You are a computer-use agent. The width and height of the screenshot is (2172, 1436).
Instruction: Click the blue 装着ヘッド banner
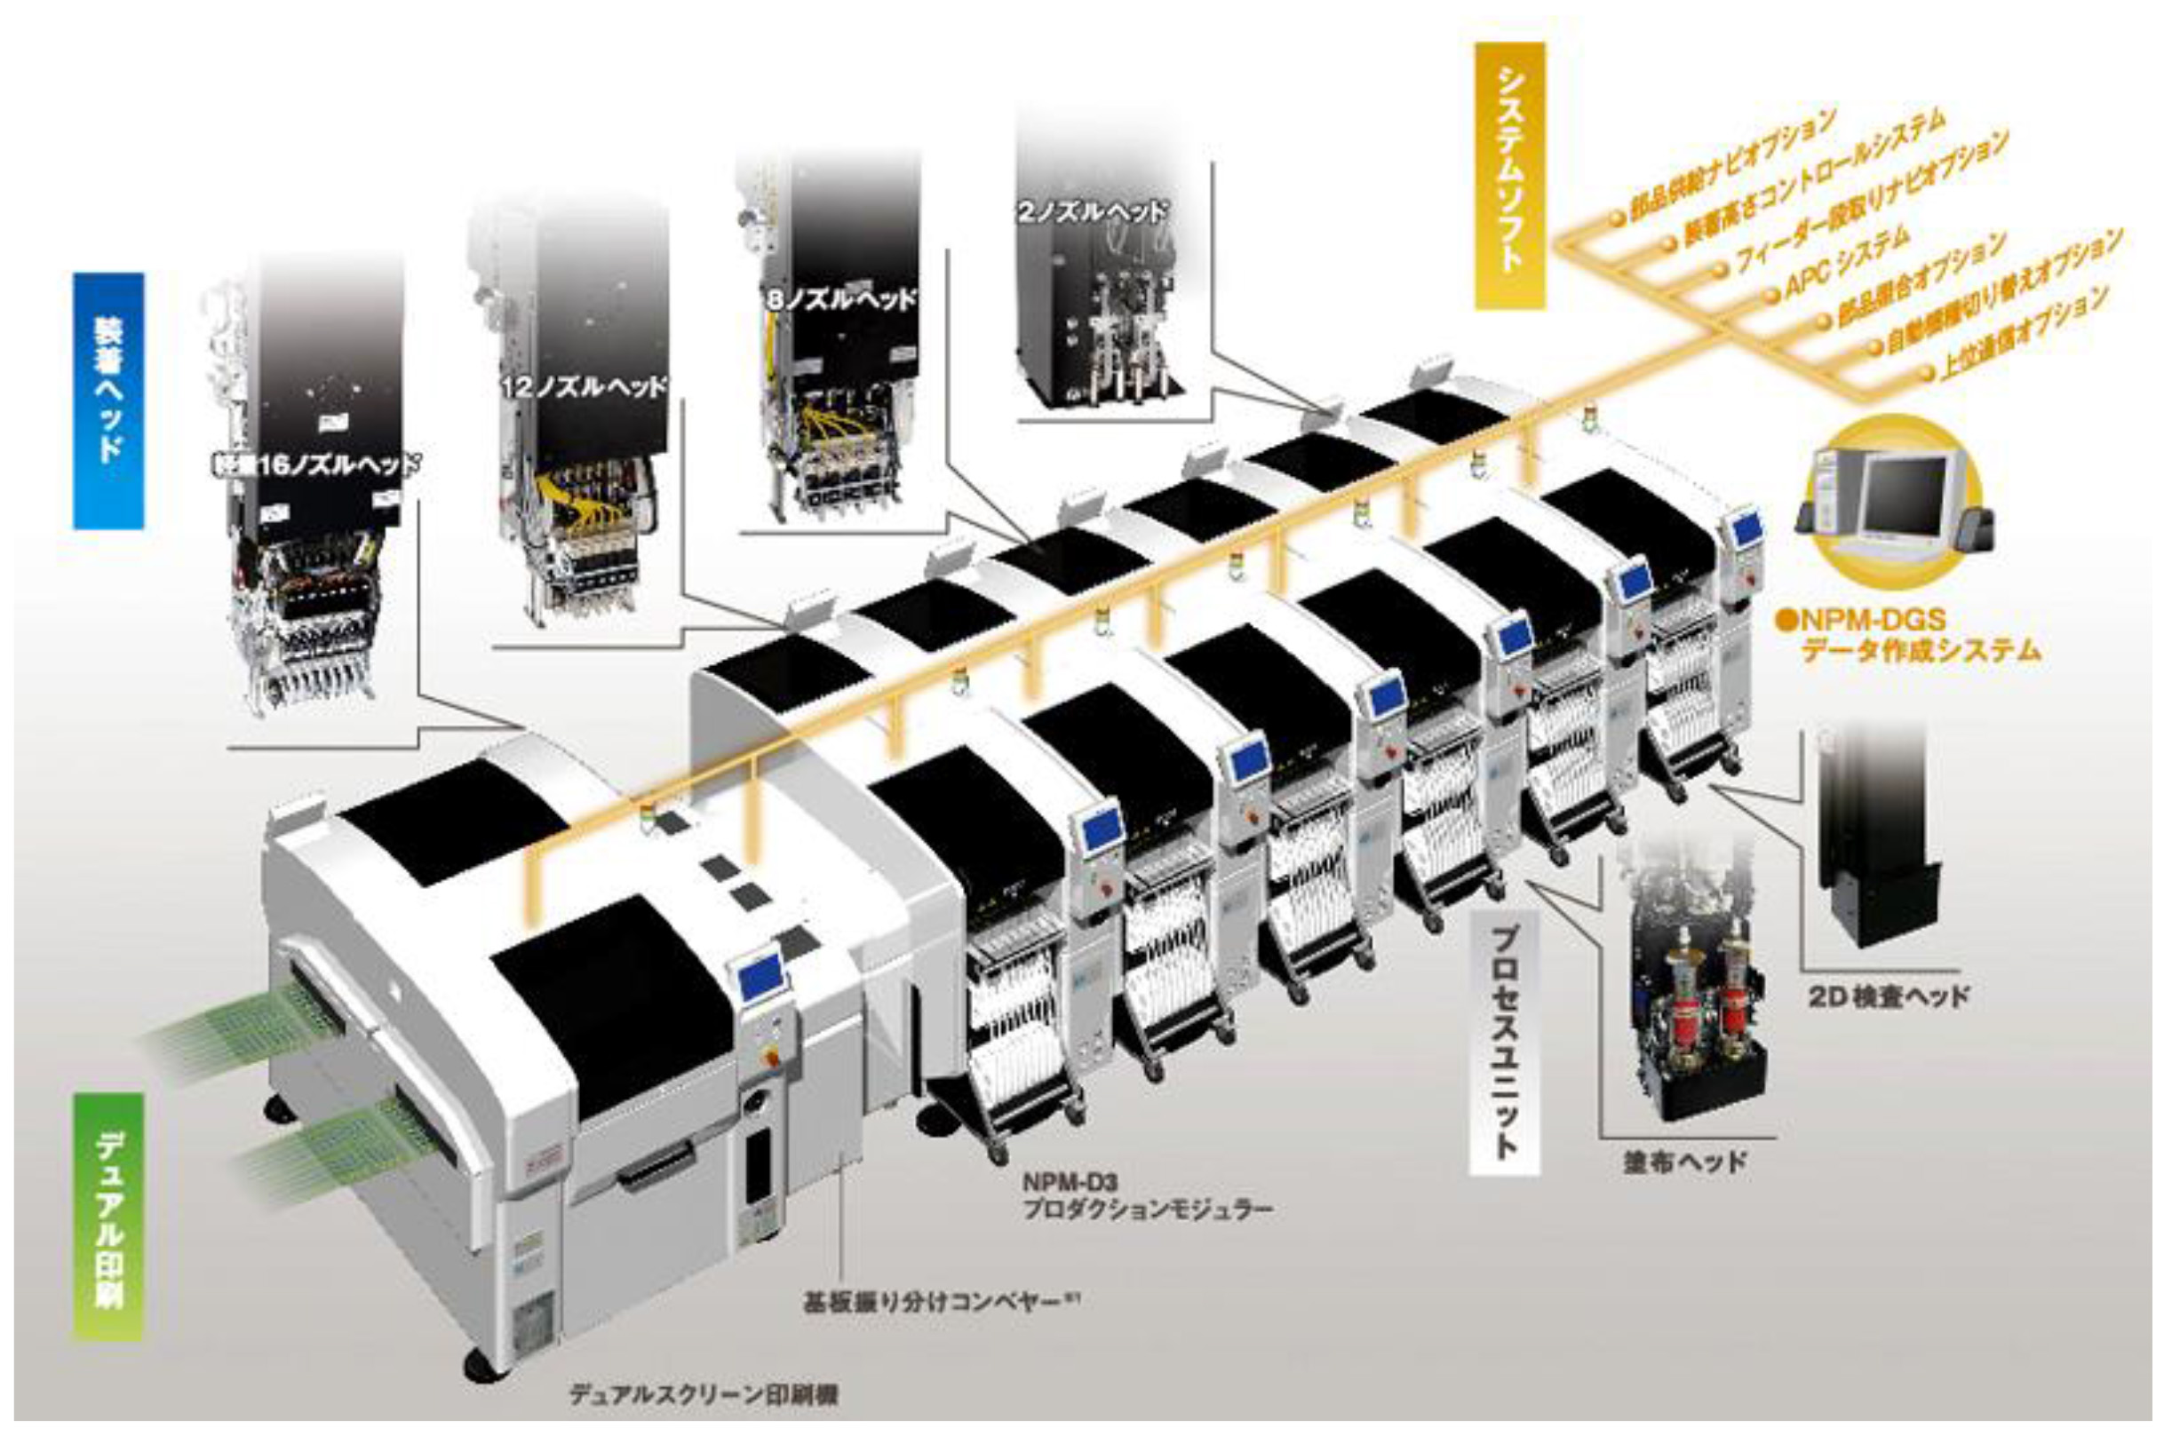tap(108, 401)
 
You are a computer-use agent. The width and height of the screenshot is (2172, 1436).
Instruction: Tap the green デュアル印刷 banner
tap(108, 1218)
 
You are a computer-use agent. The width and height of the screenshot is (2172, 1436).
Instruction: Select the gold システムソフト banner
tap(1508, 175)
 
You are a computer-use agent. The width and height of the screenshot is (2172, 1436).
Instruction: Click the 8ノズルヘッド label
tap(840, 298)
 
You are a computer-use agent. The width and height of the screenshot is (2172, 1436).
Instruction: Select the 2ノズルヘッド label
tap(1092, 212)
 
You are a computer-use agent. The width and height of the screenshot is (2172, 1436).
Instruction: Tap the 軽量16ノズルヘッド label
tap(314, 464)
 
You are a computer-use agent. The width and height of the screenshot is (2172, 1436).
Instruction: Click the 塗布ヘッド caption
tap(1683, 1162)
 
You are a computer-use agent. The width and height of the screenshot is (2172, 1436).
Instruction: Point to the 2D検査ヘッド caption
tap(1889, 997)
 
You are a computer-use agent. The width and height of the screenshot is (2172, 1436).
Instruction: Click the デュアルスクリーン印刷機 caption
tap(704, 1395)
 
